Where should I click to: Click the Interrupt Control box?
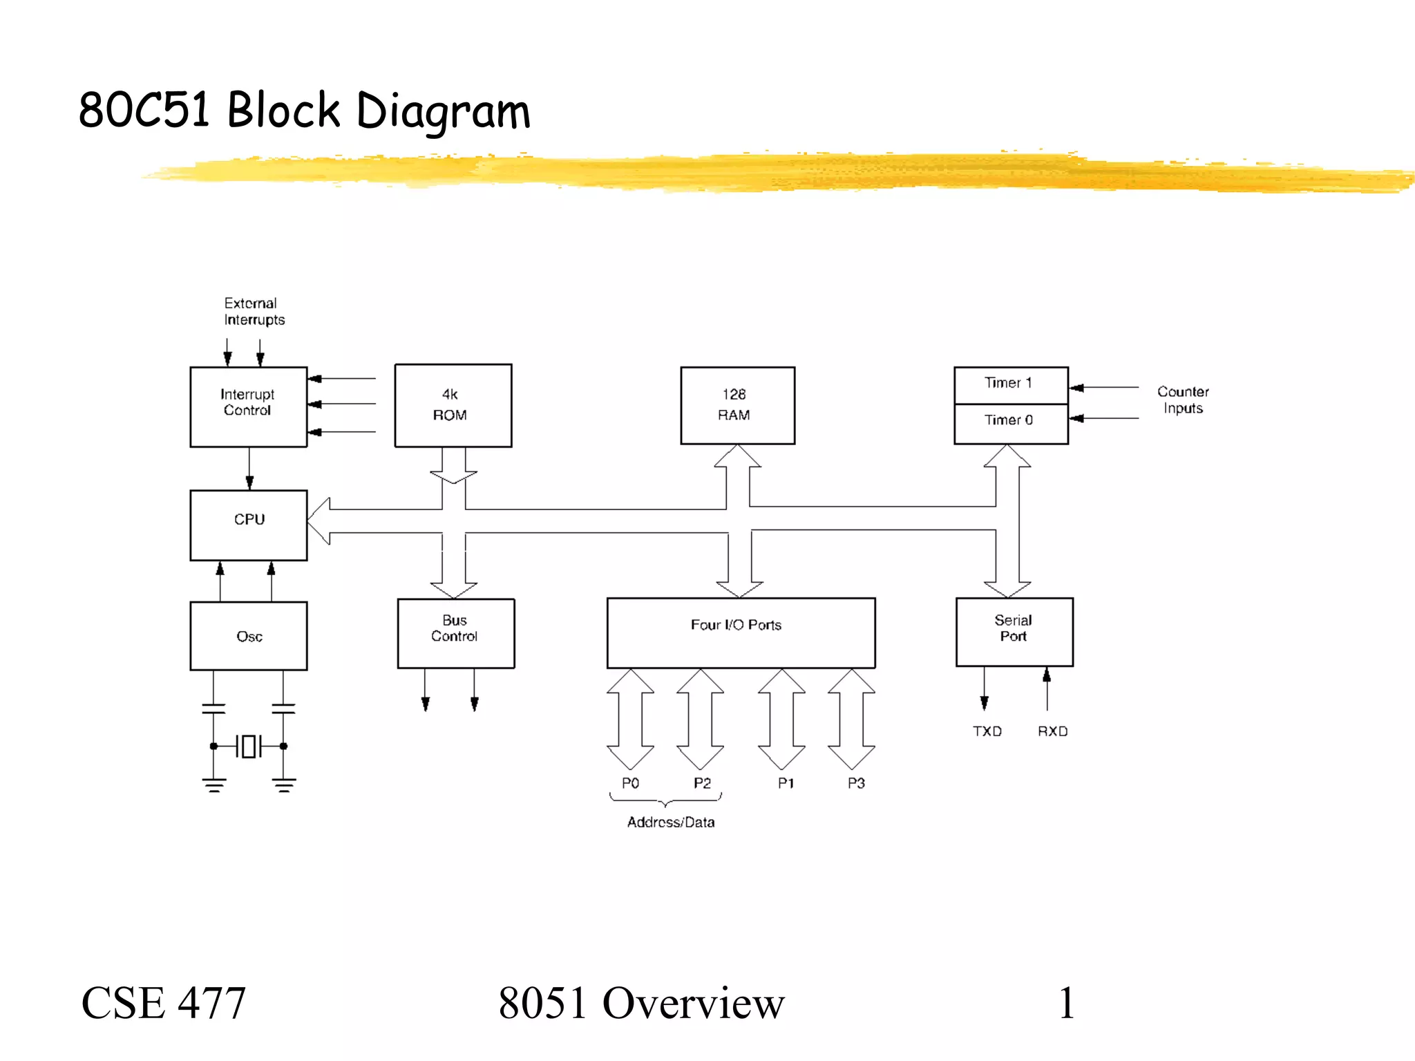(248, 406)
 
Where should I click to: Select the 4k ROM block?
(453, 405)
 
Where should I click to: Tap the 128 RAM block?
(737, 405)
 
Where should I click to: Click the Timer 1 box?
(1010, 384)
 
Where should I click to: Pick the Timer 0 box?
(1010, 422)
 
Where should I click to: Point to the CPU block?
(248, 525)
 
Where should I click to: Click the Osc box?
(248, 635)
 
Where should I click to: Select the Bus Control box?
(455, 632)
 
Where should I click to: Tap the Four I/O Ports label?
(736, 625)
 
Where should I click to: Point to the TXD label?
(987, 731)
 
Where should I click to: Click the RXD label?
(1052, 731)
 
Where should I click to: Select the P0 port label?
(630, 783)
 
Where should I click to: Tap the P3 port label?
(856, 783)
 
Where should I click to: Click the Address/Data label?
(670, 823)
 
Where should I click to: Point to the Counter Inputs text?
(1182, 400)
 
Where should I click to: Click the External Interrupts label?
(254, 312)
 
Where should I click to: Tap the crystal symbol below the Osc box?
(249, 747)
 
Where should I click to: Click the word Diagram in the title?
(443, 111)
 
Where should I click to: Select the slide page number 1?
(1066, 1003)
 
